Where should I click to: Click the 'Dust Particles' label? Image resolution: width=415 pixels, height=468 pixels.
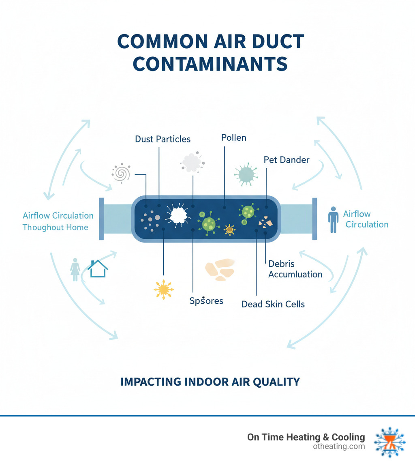[x=163, y=139]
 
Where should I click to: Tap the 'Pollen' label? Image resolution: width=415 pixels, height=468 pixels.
[x=233, y=137]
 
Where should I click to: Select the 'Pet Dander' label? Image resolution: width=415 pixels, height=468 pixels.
[x=286, y=159]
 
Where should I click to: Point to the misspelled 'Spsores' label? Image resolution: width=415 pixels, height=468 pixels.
[x=206, y=301]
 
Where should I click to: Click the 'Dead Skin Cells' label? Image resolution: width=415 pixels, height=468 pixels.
[x=273, y=304]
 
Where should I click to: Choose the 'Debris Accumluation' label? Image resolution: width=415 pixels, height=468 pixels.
[x=295, y=269]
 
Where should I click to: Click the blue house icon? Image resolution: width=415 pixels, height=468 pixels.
[x=98, y=268]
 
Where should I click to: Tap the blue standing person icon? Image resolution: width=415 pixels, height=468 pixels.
[x=333, y=219]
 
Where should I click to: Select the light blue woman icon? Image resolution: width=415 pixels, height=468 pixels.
[x=75, y=269]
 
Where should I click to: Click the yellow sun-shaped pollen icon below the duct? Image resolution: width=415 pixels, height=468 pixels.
[x=163, y=289]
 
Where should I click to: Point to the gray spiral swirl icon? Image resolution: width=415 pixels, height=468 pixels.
[x=121, y=173]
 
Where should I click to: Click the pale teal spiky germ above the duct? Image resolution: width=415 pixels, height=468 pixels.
[x=246, y=174]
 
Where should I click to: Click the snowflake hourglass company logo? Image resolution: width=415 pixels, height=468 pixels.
[x=389, y=442]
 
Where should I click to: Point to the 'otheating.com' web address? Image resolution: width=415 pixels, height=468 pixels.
[x=339, y=447]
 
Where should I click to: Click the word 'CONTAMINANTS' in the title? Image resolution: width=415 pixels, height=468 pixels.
[x=210, y=64]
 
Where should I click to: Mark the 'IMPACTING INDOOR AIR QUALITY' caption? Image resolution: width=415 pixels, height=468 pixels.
[x=210, y=382]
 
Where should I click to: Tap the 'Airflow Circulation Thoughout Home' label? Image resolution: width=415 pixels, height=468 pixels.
[x=58, y=221]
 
